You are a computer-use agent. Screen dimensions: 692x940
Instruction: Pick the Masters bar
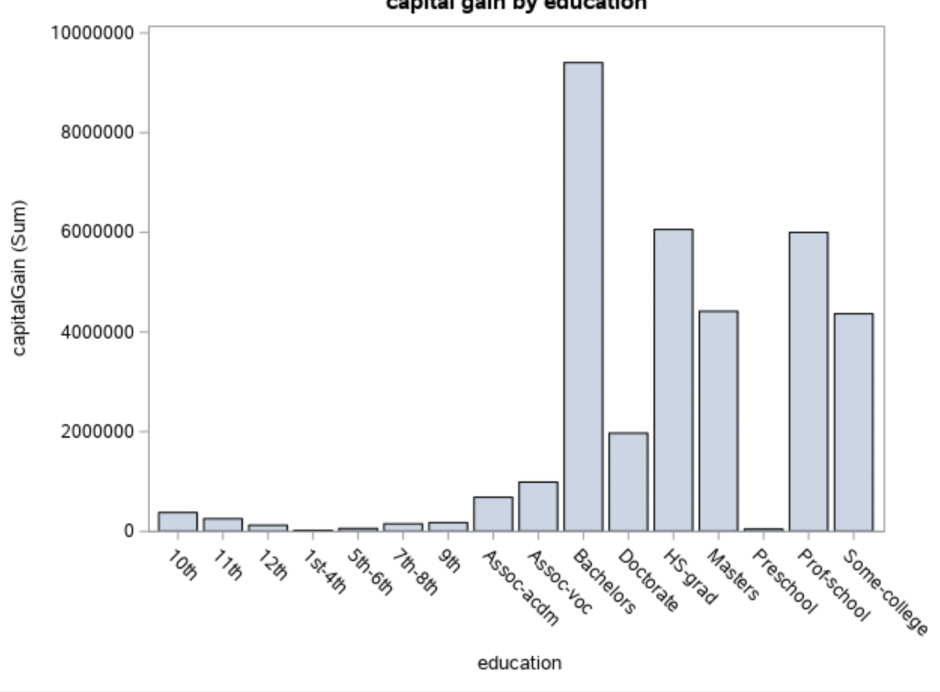pyautogui.click(x=718, y=420)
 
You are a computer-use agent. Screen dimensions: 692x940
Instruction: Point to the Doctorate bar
pyautogui.click(x=629, y=481)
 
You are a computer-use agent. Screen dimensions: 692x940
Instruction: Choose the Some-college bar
pyautogui.click(x=854, y=422)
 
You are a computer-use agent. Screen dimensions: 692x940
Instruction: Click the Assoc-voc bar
pyautogui.click(x=538, y=506)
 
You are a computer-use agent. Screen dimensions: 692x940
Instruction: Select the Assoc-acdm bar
pyautogui.click(x=493, y=514)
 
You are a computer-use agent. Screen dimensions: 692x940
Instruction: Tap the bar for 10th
pyautogui.click(x=177, y=521)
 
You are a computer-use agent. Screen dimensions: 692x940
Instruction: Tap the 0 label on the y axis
pyautogui.click(x=129, y=531)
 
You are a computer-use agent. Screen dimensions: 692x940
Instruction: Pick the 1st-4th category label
pyautogui.click(x=324, y=571)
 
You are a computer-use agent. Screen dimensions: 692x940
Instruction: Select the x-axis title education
pyautogui.click(x=519, y=663)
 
